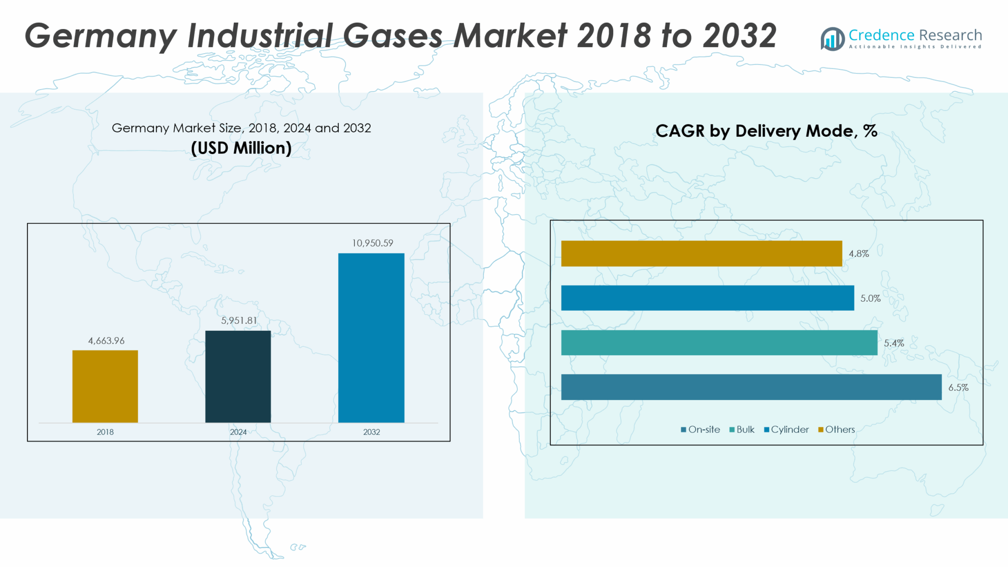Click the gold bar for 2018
pyautogui.click(x=105, y=386)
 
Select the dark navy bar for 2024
pyautogui.click(x=238, y=377)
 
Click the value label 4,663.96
pyautogui.click(x=106, y=341)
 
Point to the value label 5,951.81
pyautogui.click(x=239, y=320)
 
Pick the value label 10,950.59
pyautogui.click(x=373, y=243)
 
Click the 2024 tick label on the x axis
pyautogui.click(x=238, y=432)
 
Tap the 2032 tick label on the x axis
pyautogui.click(x=372, y=432)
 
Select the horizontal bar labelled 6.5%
pyautogui.click(x=751, y=387)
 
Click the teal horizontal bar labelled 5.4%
pyautogui.click(x=719, y=343)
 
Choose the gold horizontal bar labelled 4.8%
pyautogui.click(x=701, y=253)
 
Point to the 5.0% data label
pyautogui.click(x=870, y=298)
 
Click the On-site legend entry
pyautogui.click(x=700, y=430)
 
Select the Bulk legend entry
pyautogui.click(x=742, y=430)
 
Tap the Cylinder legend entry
pyautogui.click(x=787, y=430)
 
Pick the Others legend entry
pyautogui.click(x=837, y=430)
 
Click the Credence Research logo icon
pyautogui.click(x=832, y=38)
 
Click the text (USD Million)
pyautogui.click(x=241, y=148)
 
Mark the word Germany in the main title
pyautogui.click(x=100, y=36)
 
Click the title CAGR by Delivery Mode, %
pyautogui.click(x=766, y=131)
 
